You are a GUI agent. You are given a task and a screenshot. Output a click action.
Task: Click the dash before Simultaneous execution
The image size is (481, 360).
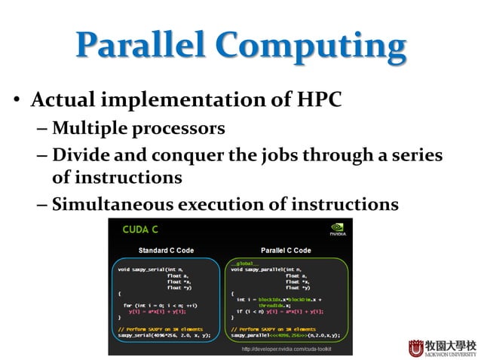41,205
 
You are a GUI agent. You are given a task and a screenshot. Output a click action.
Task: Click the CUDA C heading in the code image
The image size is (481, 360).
140,229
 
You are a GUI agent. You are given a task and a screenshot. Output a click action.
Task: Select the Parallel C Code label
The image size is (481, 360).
285,250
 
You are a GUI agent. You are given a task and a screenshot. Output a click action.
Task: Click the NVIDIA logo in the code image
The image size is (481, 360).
338,229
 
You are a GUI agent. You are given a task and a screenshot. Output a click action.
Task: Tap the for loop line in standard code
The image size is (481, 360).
161,304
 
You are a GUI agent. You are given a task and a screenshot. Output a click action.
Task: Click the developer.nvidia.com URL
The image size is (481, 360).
286,349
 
